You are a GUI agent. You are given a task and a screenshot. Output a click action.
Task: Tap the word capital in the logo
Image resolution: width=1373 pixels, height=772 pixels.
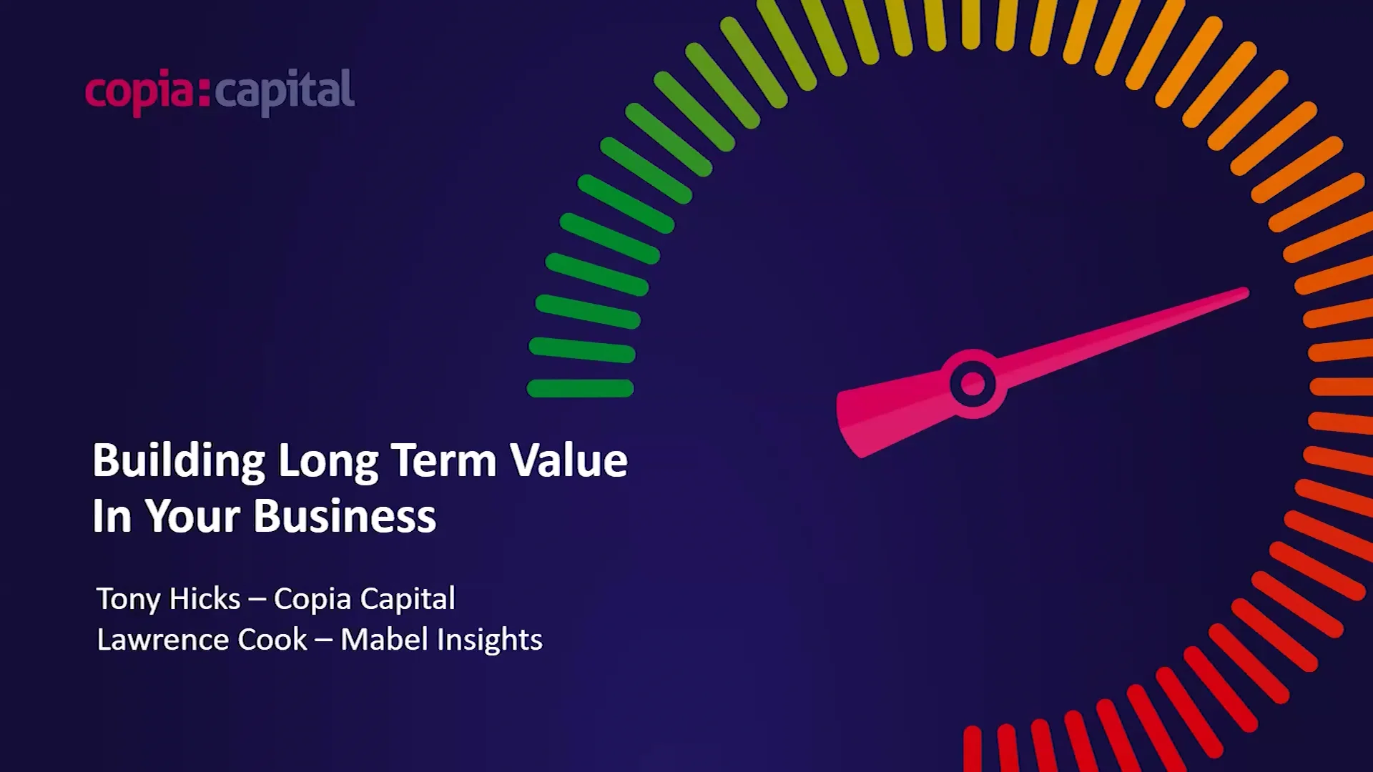point(284,91)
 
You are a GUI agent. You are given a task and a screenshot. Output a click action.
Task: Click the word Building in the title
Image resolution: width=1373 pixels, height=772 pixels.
point(179,460)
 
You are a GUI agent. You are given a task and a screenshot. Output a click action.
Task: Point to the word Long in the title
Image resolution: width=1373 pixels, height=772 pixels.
point(328,462)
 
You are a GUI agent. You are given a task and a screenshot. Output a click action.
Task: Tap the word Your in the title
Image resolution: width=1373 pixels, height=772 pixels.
point(193,516)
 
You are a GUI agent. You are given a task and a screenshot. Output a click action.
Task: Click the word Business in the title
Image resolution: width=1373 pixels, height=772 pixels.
point(345,516)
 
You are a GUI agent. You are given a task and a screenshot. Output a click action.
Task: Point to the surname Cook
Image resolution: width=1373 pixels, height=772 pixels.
point(272,640)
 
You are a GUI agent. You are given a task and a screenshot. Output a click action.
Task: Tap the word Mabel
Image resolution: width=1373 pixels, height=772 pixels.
point(384,640)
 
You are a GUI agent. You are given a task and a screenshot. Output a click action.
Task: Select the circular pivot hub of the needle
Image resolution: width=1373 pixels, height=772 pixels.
point(973,384)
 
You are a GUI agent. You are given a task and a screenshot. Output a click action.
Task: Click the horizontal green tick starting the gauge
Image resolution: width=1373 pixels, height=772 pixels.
point(580,388)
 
